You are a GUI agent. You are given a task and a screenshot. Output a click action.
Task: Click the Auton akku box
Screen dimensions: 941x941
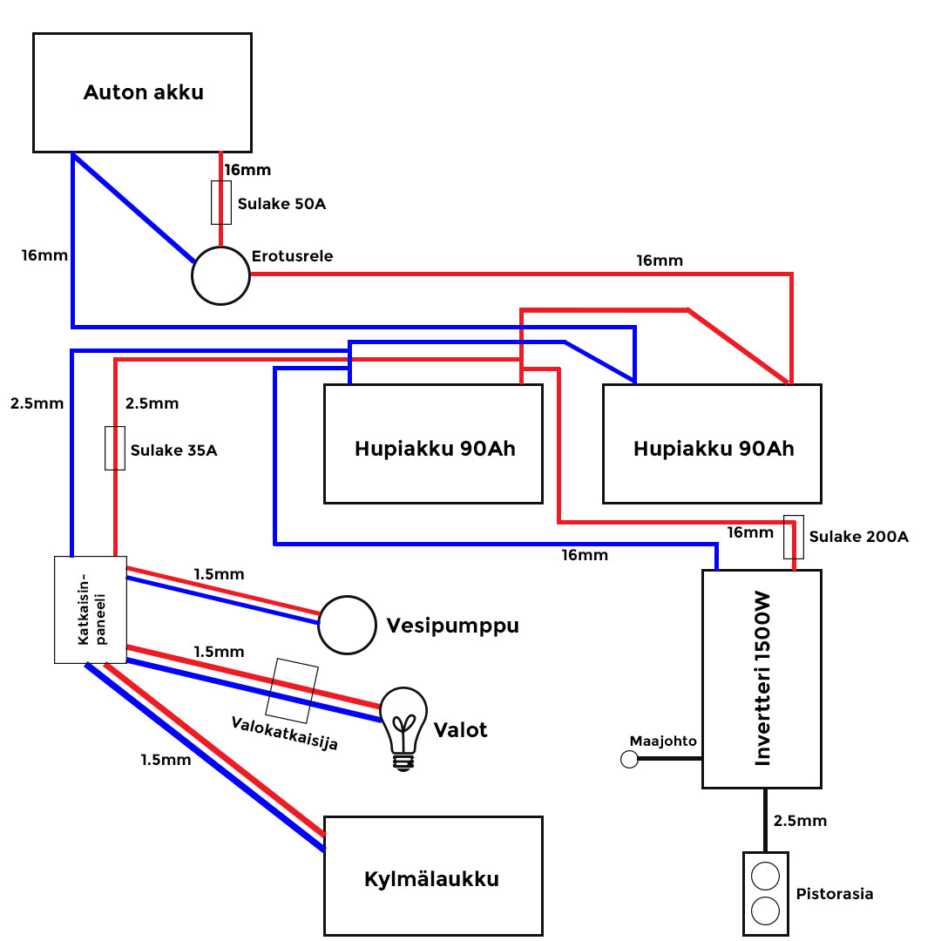point(142,92)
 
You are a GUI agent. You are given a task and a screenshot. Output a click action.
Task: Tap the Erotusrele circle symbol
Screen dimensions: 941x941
point(220,275)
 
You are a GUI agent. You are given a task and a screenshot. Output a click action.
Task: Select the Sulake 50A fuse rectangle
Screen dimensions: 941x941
point(221,203)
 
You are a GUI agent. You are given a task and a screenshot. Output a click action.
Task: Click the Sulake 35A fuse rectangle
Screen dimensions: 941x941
point(115,449)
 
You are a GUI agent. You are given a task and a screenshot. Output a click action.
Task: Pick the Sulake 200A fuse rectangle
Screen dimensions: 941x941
point(793,537)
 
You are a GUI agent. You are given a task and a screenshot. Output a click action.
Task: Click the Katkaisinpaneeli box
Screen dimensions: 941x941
point(91,610)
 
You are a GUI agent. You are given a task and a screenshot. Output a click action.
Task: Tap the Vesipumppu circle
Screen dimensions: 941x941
point(346,625)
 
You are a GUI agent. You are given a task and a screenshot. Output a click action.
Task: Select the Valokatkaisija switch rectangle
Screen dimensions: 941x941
point(292,690)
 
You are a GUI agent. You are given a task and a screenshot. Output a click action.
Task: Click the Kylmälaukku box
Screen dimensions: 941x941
point(433,877)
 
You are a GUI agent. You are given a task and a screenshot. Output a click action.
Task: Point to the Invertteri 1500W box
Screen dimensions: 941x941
point(762,680)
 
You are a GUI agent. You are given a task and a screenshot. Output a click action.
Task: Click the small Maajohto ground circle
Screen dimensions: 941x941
point(629,760)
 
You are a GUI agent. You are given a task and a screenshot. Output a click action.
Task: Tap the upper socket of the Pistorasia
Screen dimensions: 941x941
point(765,876)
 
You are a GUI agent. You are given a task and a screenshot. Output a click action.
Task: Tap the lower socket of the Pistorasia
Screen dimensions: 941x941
point(765,911)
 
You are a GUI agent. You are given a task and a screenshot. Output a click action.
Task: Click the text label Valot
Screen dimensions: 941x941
point(460,730)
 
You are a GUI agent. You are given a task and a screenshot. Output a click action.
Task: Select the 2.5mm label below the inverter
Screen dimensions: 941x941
point(799,821)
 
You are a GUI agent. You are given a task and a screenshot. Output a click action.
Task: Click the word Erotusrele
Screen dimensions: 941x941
point(292,256)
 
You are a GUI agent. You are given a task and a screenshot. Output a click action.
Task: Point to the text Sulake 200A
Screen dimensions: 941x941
point(858,537)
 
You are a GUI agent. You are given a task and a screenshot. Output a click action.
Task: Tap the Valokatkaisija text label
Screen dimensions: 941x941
point(284,734)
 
